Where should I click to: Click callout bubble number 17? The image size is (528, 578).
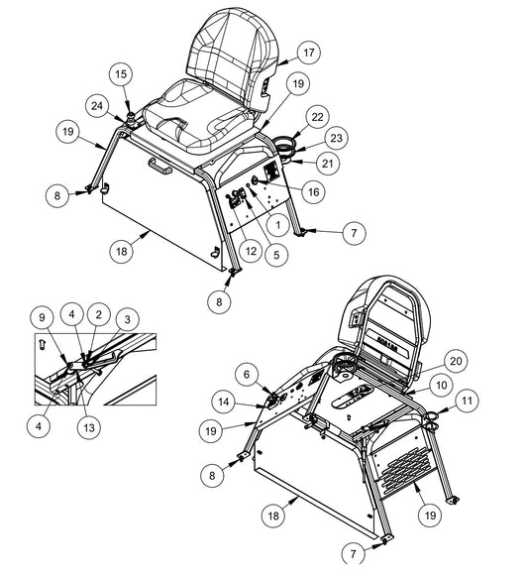point(308,53)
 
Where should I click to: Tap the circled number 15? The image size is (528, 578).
point(121,74)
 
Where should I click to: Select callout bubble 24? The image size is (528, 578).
point(97,106)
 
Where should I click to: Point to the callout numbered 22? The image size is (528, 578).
point(317,117)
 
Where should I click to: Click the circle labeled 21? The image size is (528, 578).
point(327,164)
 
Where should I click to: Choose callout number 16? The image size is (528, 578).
point(313,191)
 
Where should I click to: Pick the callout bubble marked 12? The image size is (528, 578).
point(251,251)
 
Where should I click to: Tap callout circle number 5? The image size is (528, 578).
point(276,255)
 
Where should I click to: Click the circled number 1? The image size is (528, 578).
point(278,225)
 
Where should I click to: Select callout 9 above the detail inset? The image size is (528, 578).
point(42,317)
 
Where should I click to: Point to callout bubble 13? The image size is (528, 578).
point(89,428)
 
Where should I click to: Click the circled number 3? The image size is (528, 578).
point(128,319)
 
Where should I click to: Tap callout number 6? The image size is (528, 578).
point(247,375)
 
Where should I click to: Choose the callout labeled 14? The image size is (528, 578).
point(224,402)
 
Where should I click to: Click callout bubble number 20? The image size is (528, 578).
point(456,361)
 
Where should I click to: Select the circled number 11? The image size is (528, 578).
point(467,401)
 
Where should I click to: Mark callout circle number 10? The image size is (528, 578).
point(442,386)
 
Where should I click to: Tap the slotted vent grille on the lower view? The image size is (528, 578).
point(404,471)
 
